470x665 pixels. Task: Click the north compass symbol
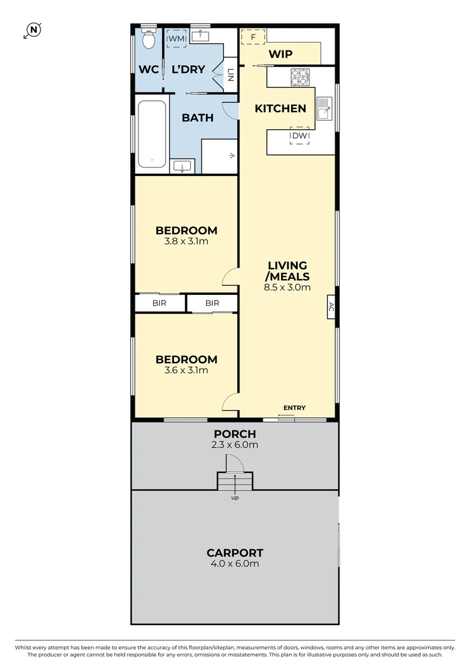click(x=33, y=30)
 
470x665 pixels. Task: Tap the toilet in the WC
click(x=148, y=39)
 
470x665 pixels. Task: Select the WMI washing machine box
click(x=177, y=39)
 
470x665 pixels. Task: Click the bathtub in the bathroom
click(x=152, y=134)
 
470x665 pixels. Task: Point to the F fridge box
click(x=253, y=37)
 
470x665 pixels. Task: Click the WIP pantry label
click(x=281, y=54)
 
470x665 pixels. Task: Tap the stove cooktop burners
click(x=300, y=77)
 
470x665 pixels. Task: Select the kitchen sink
click(x=325, y=108)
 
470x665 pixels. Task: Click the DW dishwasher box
click(x=300, y=135)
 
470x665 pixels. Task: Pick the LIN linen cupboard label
click(x=231, y=75)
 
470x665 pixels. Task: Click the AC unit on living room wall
click(x=331, y=307)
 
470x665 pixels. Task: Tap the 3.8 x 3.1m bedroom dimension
click(x=186, y=241)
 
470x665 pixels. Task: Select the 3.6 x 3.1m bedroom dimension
click(x=186, y=370)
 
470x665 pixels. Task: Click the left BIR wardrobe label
click(x=159, y=303)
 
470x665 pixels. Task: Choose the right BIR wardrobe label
click(x=212, y=303)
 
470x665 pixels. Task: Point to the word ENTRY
click(x=295, y=408)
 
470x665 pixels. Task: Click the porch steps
click(x=235, y=481)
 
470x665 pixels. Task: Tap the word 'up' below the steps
click(x=235, y=498)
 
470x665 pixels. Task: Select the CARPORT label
click(x=235, y=553)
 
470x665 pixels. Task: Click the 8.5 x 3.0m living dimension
click(x=287, y=287)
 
